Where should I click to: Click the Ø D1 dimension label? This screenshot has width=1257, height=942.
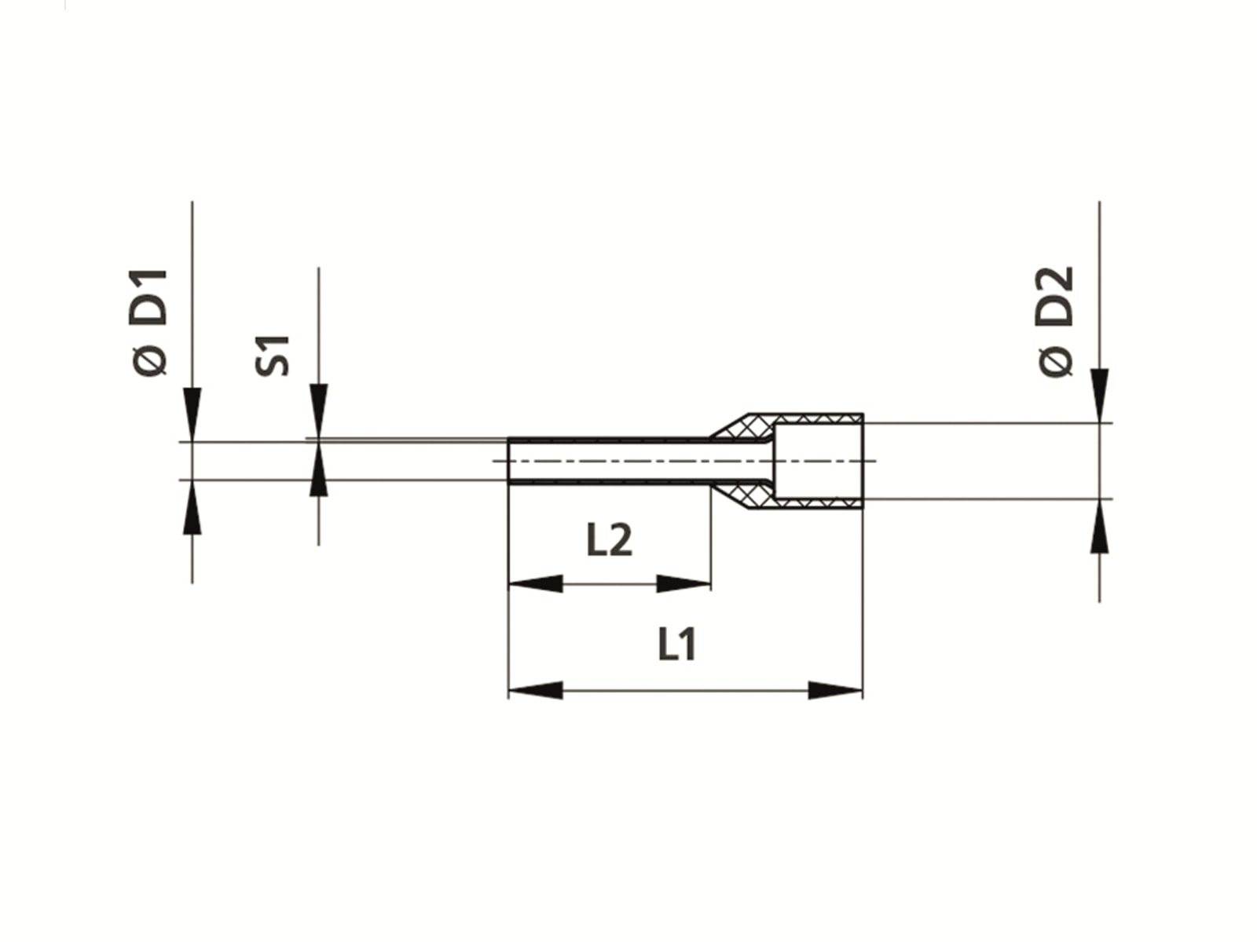point(149,322)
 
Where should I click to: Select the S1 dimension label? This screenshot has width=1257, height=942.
point(273,355)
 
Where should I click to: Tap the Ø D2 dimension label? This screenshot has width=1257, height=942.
point(1055,322)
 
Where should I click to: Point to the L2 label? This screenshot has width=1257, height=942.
point(609,540)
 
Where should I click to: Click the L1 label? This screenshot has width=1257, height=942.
point(676,644)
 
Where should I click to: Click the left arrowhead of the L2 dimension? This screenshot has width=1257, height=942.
point(536,584)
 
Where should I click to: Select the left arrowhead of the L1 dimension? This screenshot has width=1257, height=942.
point(536,691)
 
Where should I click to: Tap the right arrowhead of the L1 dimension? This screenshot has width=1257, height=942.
point(835,691)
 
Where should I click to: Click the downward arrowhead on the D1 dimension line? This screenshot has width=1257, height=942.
point(192,413)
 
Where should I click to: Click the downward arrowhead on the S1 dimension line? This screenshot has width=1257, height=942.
point(318,410)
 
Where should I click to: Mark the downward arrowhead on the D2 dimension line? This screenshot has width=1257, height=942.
point(1099,395)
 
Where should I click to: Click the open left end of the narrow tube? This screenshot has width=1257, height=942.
point(511,461)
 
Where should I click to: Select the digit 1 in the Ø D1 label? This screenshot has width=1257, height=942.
point(149,283)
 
